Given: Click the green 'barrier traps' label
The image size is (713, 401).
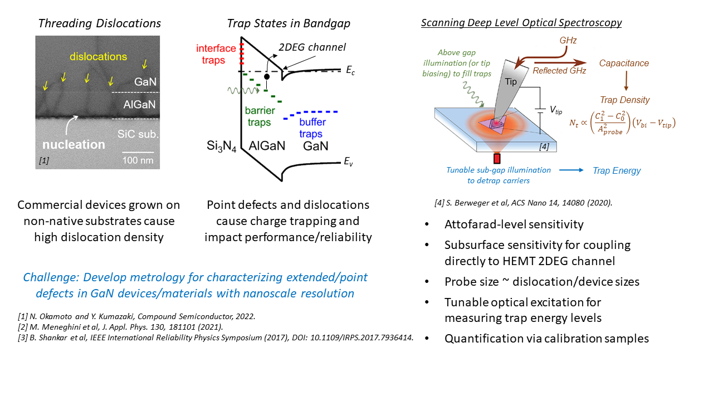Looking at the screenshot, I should pos(258,117).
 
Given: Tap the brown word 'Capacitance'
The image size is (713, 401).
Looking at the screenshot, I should pos(624,63).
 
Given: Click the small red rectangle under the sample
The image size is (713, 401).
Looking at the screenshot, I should pos(496,158).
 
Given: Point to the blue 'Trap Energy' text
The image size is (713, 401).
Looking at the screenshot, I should pos(617,170).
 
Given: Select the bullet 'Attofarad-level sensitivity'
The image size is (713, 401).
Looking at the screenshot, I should pos(514,224).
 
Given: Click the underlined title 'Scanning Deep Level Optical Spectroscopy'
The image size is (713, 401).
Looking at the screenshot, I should pos(521,23).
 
